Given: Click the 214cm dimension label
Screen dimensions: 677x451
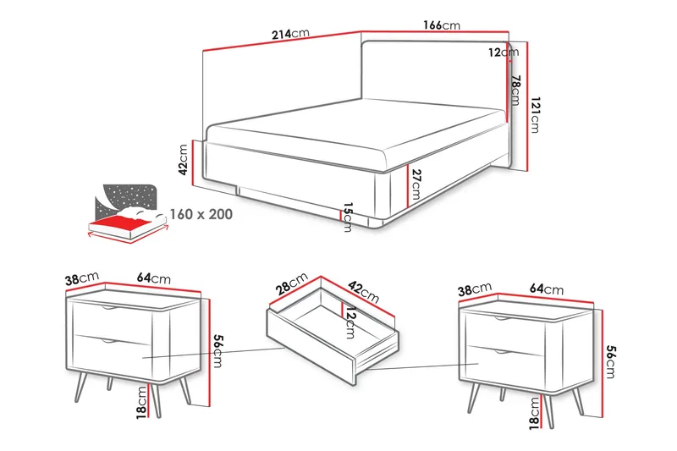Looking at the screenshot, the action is click(x=290, y=34).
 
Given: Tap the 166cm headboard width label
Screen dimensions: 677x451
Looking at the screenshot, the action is click(x=441, y=25).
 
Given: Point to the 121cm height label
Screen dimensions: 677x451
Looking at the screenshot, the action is click(x=535, y=115).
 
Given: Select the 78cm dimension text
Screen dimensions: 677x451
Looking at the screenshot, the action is click(x=515, y=91).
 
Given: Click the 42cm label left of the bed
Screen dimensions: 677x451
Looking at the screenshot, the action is click(x=183, y=159).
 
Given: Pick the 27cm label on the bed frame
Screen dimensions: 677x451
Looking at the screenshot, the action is click(x=416, y=184).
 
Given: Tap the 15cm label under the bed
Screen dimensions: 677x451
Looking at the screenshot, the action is click(x=348, y=217).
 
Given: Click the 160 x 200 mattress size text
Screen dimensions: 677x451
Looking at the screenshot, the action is click(x=201, y=214).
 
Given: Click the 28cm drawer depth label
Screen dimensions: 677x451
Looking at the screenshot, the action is click(x=292, y=283).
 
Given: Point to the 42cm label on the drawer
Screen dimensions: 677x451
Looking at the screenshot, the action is click(x=364, y=292).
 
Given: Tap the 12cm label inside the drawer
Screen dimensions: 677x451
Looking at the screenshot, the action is click(x=350, y=322).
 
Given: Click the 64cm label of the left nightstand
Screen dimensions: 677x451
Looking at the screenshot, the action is click(x=154, y=278).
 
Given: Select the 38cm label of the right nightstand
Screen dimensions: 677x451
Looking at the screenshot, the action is click(x=475, y=289).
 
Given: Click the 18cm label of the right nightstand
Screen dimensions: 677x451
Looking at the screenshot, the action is click(x=535, y=414).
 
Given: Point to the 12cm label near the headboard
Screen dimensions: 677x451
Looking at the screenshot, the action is click(x=504, y=52).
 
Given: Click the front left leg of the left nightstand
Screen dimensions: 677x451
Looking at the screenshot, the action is click(x=81, y=386).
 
